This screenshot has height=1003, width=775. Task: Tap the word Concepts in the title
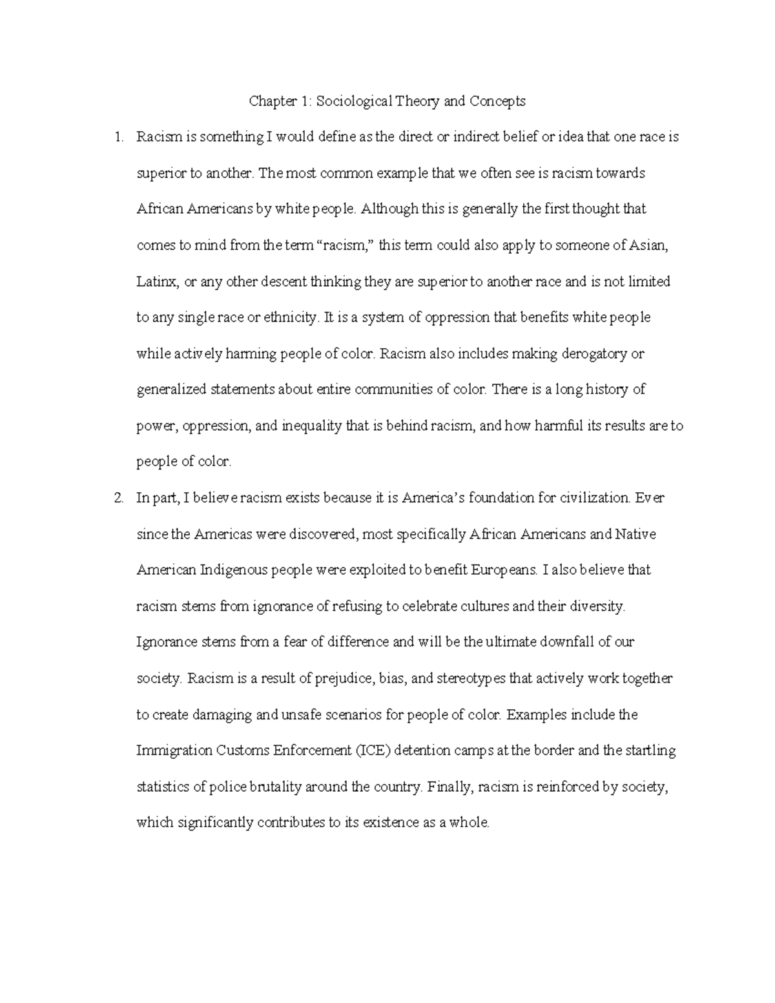coord(497,101)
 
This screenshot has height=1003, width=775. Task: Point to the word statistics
coord(162,787)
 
